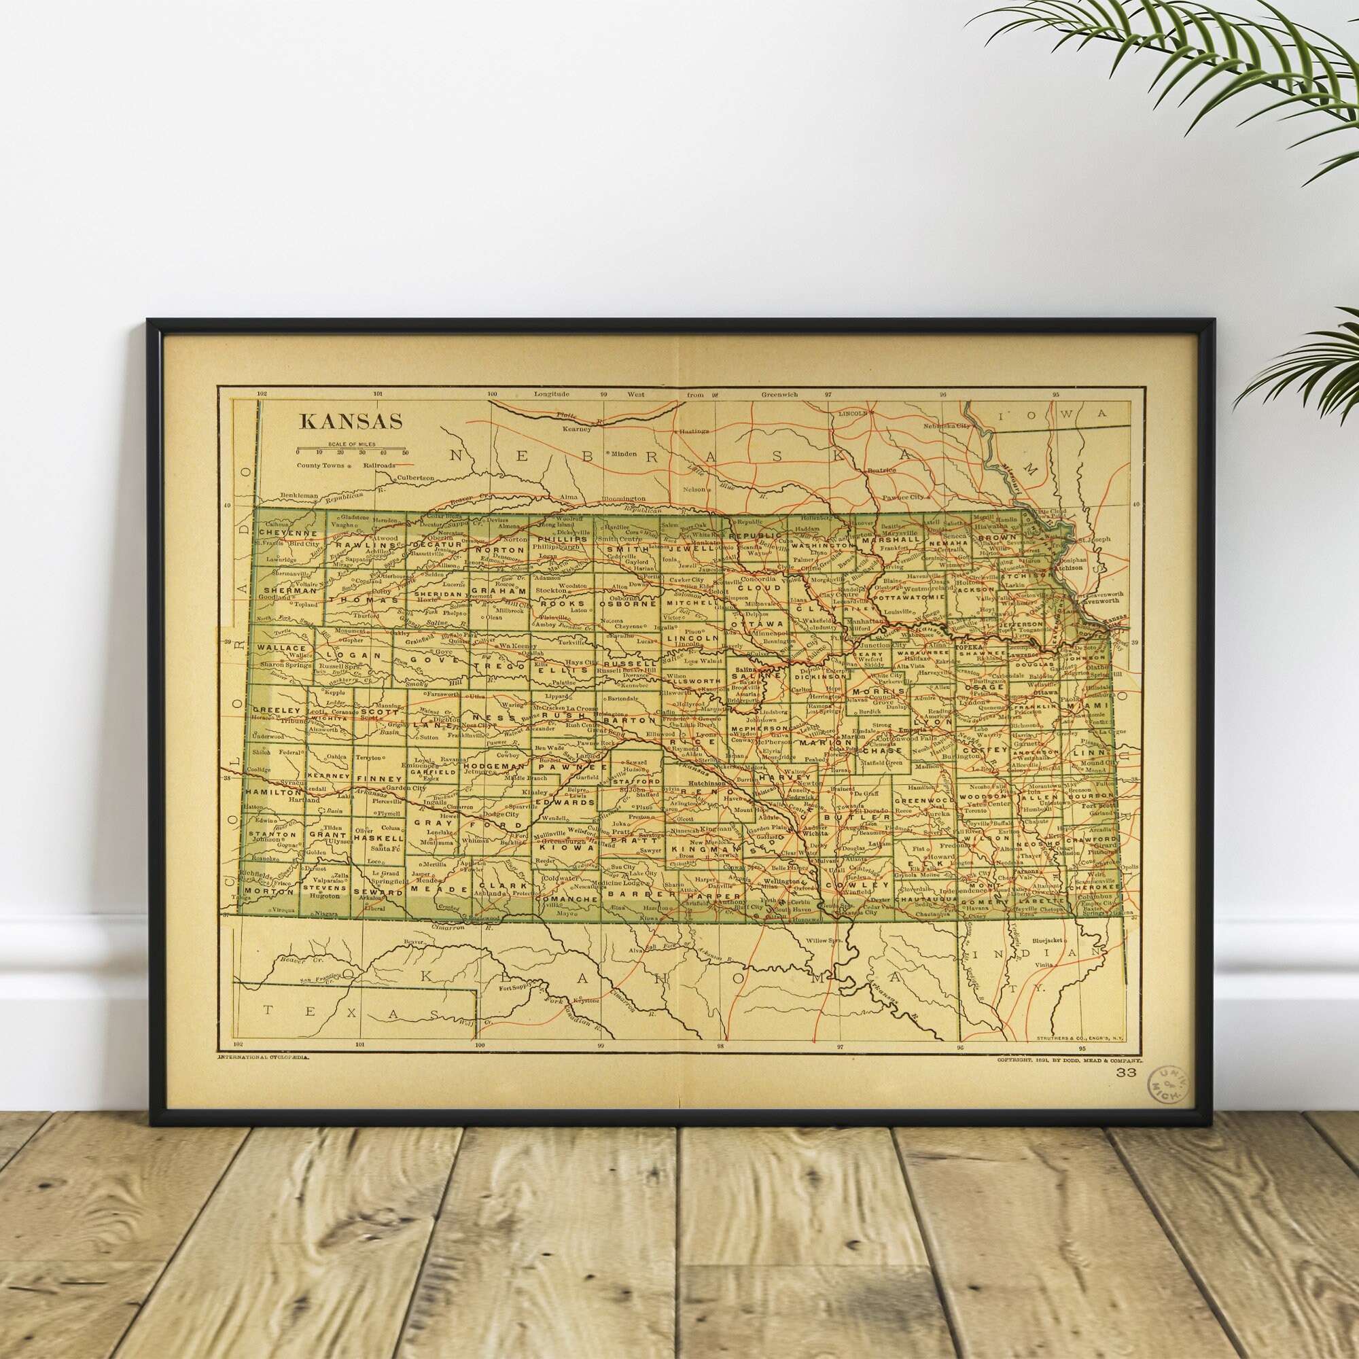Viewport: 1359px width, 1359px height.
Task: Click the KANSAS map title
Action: [351, 421]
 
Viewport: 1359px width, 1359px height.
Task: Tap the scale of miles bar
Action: [351, 448]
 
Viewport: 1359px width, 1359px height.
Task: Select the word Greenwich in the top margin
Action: [779, 395]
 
